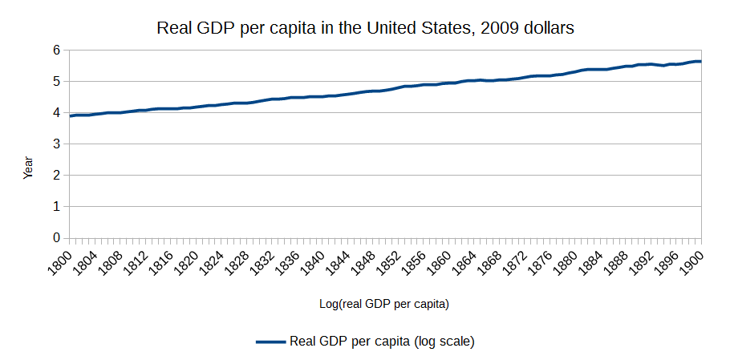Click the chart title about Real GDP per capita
365,28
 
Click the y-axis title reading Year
28,167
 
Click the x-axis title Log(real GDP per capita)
383,304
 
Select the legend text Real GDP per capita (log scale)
382,341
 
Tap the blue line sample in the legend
270,342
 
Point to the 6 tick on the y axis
56,50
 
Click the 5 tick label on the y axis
56,81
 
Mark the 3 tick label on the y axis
56,144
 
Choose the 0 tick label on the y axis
56,238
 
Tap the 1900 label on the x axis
691,259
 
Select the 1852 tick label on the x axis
388,259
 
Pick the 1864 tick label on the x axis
464,259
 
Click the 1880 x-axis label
565,259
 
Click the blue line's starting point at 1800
71,116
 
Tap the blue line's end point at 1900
701,61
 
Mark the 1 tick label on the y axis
56,207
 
